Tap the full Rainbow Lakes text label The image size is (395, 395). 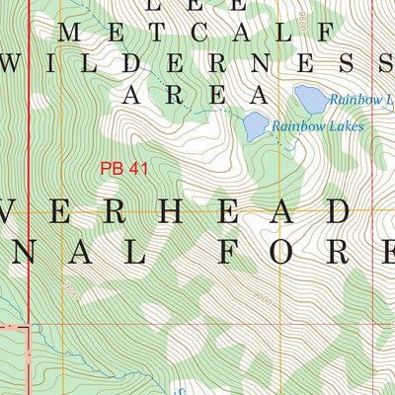(x=318, y=126)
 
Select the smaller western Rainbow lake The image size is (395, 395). (x=256, y=124)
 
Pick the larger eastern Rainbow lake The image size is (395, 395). (x=310, y=99)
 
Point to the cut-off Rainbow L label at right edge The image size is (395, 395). (x=361, y=100)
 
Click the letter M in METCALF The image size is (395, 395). (x=72, y=34)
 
